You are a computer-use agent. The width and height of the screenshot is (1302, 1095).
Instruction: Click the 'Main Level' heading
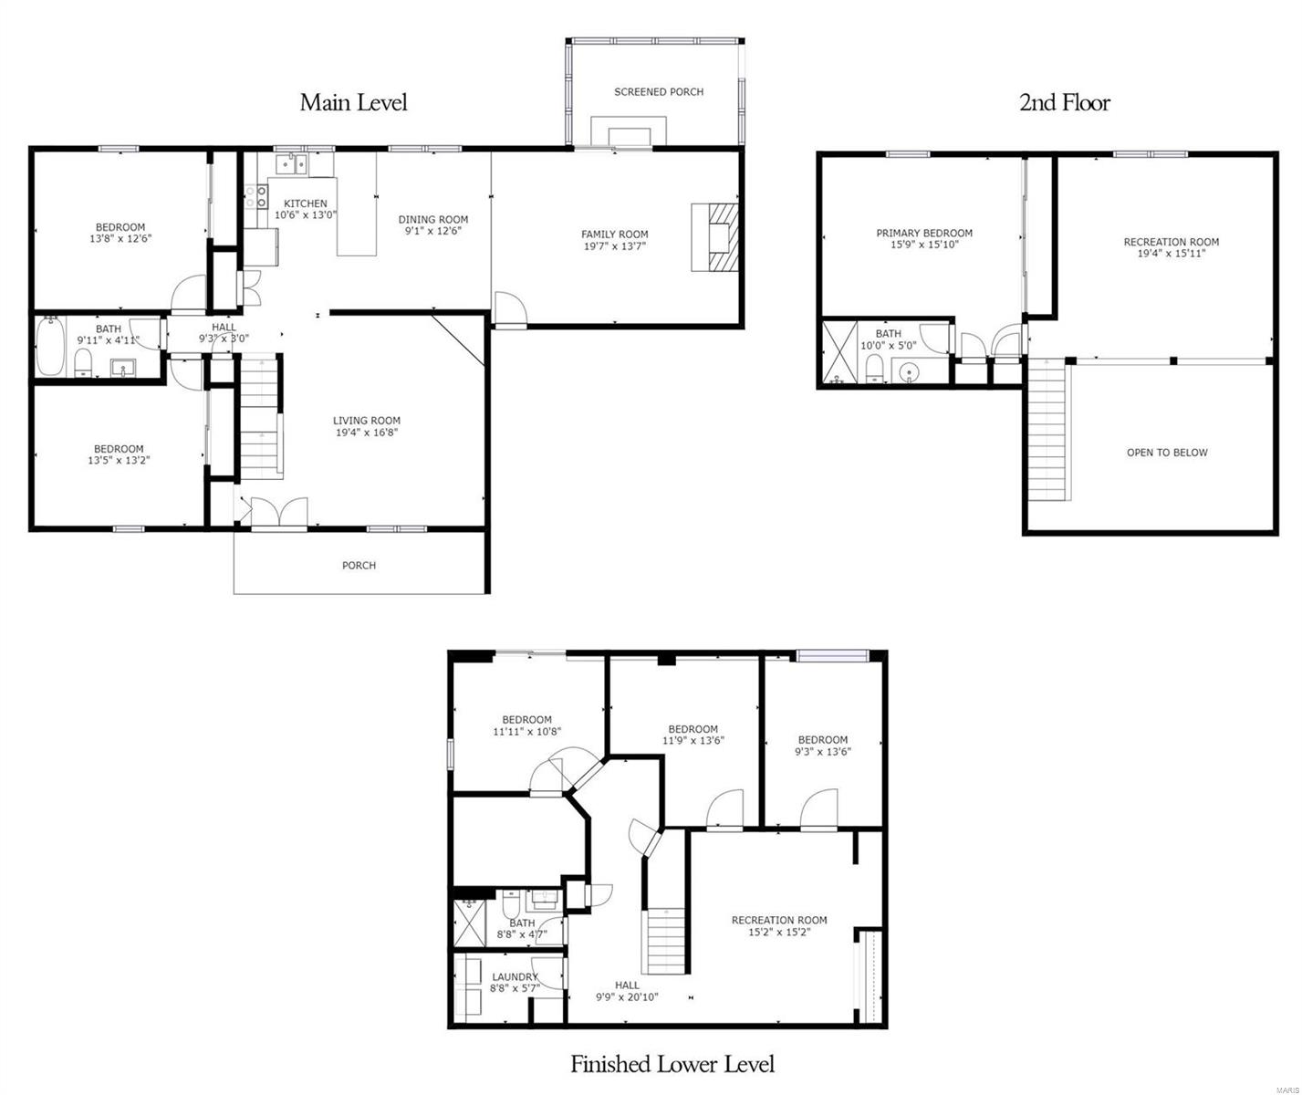[x=353, y=102]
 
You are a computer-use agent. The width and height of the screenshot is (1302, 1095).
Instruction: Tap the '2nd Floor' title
[x=1064, y=102]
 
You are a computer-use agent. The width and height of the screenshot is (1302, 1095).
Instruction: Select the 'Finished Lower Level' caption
[x=672, y=1064]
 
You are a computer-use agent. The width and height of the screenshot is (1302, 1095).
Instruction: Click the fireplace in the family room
[x=715, y=237]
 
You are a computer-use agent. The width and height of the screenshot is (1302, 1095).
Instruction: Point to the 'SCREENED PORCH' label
[x=658, y=92]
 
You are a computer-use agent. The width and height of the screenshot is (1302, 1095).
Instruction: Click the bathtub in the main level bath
[x=49, y=347]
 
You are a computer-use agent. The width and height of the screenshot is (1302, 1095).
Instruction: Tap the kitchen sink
[x=291, y=165]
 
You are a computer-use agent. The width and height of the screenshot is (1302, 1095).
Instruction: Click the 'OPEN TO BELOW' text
[x=1166, y=453]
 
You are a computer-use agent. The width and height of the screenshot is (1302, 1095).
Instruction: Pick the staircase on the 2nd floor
[x=1047, y=430]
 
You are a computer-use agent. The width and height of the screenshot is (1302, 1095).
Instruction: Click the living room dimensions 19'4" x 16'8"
[x=366, y=433]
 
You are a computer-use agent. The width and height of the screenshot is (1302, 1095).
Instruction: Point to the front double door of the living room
[x=271, y=513]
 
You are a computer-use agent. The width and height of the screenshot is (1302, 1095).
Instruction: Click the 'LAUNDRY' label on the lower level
[x=515, y=977]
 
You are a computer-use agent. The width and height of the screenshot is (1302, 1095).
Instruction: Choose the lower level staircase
[x=666, y=941]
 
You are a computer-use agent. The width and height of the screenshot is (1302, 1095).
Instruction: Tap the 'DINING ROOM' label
[x=432, y=220]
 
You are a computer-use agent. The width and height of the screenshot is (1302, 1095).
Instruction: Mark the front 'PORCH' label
[x=359, y=566]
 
